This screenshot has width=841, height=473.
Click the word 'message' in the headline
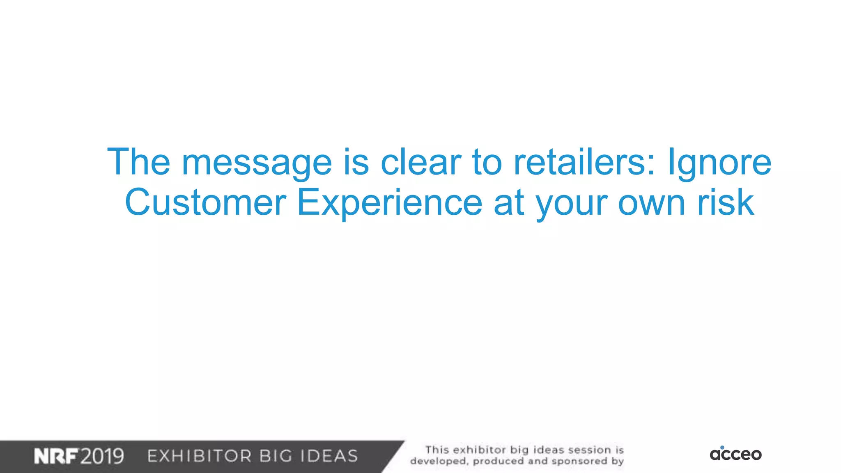point(257,163)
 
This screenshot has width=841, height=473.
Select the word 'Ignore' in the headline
point(719,163)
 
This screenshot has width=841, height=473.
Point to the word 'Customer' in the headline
point(205,202)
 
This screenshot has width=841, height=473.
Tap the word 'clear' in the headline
point(421,162)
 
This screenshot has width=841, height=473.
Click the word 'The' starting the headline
point(139,162)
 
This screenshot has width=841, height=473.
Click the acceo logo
point(735,454)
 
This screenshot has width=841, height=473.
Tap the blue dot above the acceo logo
point(722,447)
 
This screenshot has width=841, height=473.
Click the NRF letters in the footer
point(56,456)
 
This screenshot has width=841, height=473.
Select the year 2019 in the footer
point(102,456)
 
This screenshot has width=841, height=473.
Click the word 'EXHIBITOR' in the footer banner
point(200,456)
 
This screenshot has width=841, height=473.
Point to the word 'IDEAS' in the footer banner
point(329,456)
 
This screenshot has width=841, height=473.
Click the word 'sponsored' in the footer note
point(579,461)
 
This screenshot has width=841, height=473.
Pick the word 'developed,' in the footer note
point(439,461)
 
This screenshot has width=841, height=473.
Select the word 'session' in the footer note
point(589,450)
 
